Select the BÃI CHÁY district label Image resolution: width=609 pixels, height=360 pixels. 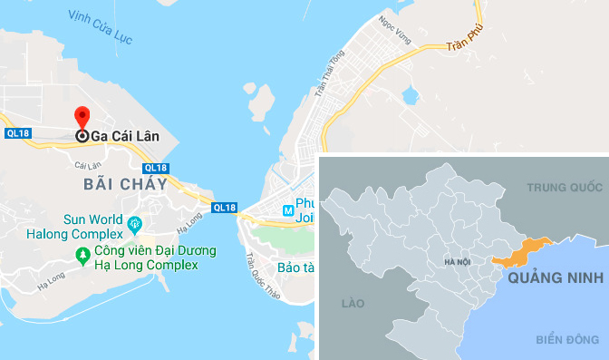click(x=125, y=184)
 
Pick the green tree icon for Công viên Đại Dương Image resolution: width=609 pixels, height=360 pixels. click(x=82, y=258)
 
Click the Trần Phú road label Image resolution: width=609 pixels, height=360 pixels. click(x=460, y=42)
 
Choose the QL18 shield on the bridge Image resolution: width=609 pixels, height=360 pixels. click(x=224, y=208)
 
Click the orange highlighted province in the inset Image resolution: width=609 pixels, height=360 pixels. click(x=521, y=251)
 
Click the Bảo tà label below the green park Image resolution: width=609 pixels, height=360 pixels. click(x=295, y=268)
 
